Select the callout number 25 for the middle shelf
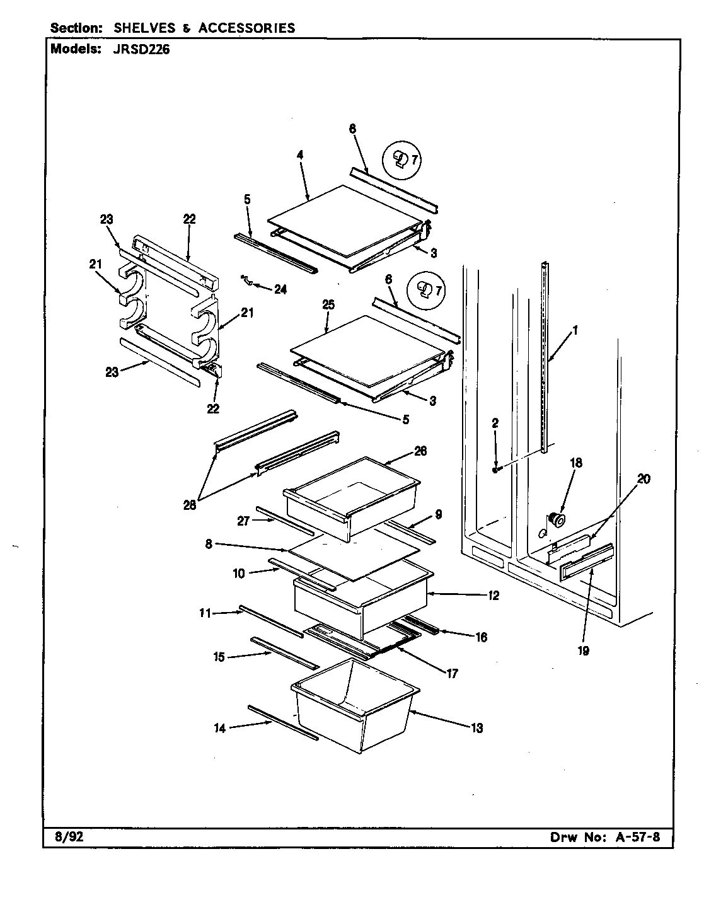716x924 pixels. [328, 304]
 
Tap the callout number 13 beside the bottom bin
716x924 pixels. [476, 729]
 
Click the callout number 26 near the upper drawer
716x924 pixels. [420, 451]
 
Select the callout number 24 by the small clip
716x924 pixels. [280, 289]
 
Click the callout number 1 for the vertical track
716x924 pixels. [574, 330]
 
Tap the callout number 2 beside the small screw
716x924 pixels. [495, 424]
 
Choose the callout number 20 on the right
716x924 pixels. [643, 479]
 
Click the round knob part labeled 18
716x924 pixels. [557, 519]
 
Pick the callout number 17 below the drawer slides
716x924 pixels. [452, 673]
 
